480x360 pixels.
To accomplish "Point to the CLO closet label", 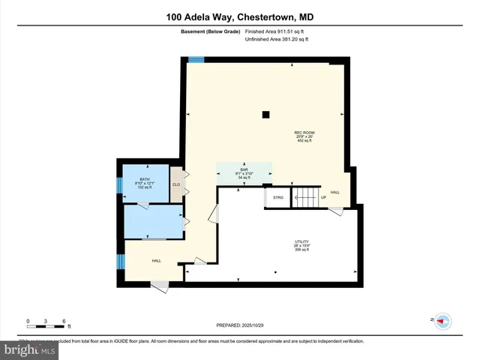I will [x=176, y=184].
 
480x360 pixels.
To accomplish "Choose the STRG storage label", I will [x=277, y=197].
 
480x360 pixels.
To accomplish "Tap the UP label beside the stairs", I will [x=324, y=198].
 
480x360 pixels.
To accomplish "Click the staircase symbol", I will [x=305, y=198].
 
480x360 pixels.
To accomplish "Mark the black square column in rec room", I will [x=265, y=115].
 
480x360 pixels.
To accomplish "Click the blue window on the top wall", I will [x=196, y=60].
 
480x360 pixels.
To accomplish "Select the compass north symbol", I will [x=442, y=320].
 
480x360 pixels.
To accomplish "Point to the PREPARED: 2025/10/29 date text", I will [x=239, y=325].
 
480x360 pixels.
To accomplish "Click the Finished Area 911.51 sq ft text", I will [x=276, y=31].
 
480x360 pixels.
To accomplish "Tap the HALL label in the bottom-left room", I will [x=157, y=260].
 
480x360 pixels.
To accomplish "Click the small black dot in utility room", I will [x=276, y=271].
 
